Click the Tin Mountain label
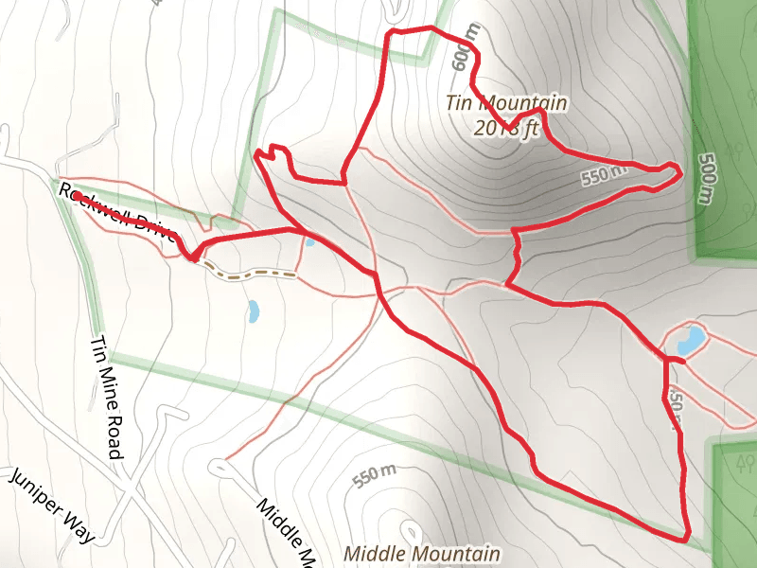[x=507, y=103]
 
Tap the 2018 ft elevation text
[x=507, y=128]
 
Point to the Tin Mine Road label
[x=108, y=399]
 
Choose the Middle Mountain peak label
[x=421, y=553]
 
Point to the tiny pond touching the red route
[x=308, y=241]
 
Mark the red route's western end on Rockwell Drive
[x=76, y=196]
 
